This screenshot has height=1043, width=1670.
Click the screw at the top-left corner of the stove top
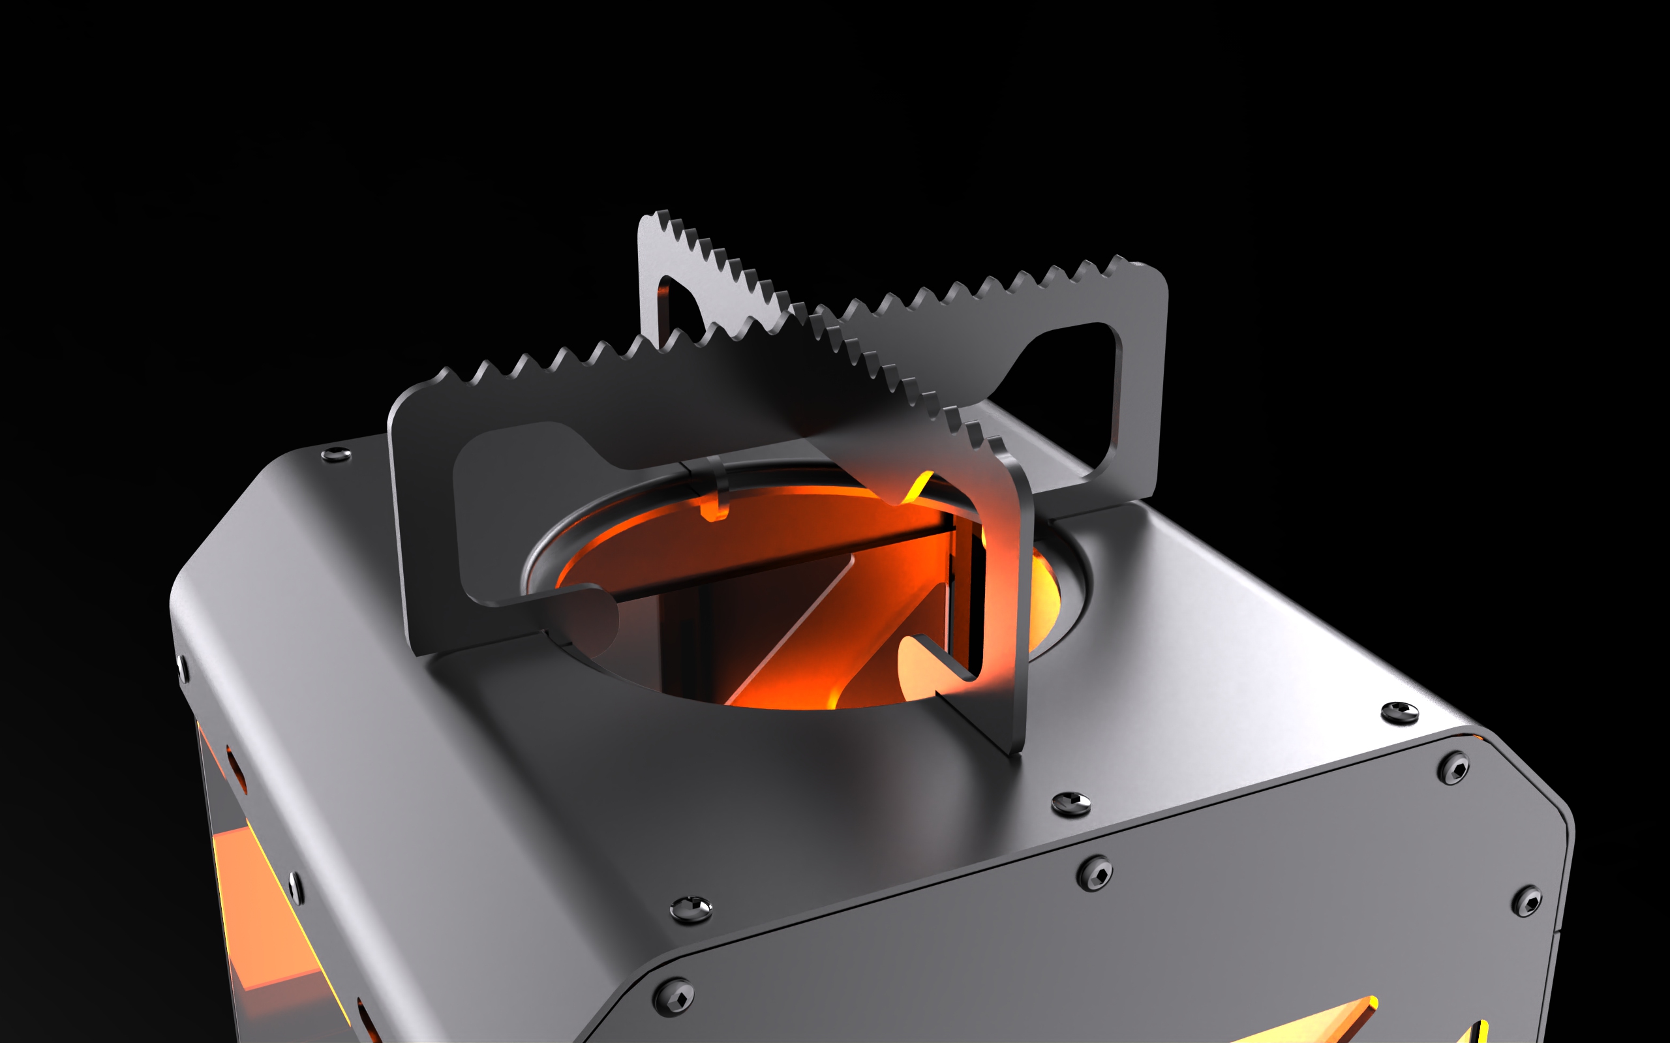(336, 454)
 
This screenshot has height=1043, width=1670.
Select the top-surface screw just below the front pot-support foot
(1070, 803)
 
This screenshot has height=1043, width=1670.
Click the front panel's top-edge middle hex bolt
(1095, 874)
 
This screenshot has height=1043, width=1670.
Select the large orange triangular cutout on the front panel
(1311, 1024)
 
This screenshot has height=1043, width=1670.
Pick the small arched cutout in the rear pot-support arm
(680, 303)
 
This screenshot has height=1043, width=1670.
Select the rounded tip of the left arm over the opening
(607, 607)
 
